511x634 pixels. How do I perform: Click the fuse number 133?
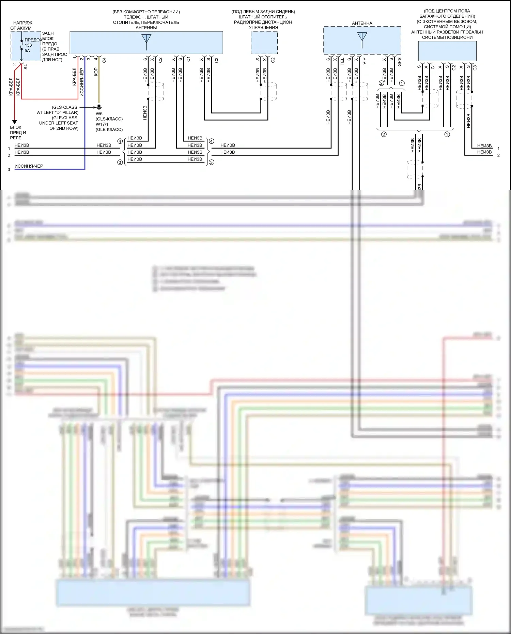tap(28, 45)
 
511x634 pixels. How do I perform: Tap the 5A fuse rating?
tap(27, 51)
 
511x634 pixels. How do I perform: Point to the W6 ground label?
tap(99, 114)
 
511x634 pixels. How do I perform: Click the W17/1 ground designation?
tap(102, 124)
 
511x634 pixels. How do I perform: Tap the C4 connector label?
tap(104, 60)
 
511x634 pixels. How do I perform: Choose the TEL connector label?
tap(342, 62)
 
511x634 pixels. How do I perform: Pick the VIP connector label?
tap(364, 61)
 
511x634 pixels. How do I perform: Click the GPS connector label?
tap(399, 62)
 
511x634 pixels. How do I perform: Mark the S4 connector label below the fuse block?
tap(26, 67)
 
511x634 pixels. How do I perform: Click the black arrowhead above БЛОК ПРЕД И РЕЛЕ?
tap(15, 122)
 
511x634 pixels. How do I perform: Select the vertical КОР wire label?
tap(96, 72)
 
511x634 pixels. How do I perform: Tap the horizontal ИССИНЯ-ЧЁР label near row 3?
tap(29, 166)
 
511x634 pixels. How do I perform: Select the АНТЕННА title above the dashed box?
tap(362, 23)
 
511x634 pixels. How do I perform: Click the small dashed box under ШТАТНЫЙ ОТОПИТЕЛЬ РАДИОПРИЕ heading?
tap(264, 43)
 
